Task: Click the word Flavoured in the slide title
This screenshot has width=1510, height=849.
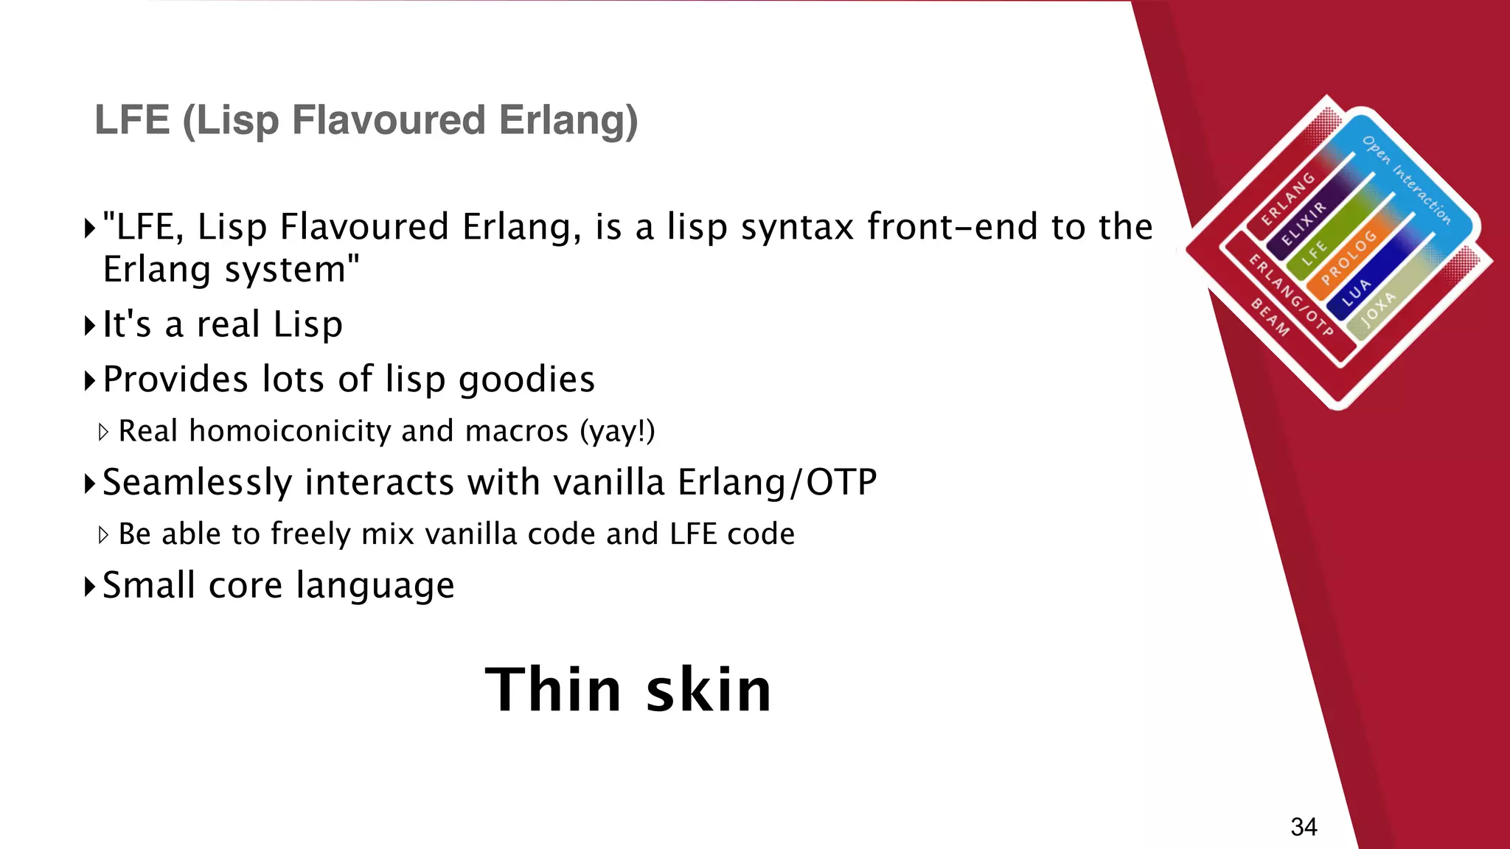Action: (x=389, y=120)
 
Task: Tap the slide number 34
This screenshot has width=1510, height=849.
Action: (x=1304, y=827)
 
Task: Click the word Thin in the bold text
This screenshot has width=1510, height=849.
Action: (x=553, y=690)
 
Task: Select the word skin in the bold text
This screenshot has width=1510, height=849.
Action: (x=709, y=690)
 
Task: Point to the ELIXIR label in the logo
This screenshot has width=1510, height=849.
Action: (x=1303, y=224)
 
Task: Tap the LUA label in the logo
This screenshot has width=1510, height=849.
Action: (x=1356, y=293)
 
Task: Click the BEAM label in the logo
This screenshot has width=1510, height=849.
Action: (x=1270, y=318)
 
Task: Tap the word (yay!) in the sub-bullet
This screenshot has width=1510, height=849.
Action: (x=617, y=431)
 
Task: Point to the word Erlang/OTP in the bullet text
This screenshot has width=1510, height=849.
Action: (x=777, y=483)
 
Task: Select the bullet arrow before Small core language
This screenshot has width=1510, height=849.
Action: (x=89, y=587)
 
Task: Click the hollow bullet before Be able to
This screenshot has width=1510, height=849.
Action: (x=103, y=535)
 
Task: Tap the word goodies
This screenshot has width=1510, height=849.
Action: (x=526, y=380)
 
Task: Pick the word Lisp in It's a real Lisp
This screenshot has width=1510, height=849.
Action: (x=307, y=325)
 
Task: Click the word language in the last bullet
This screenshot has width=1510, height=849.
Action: (x=375, y=587)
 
